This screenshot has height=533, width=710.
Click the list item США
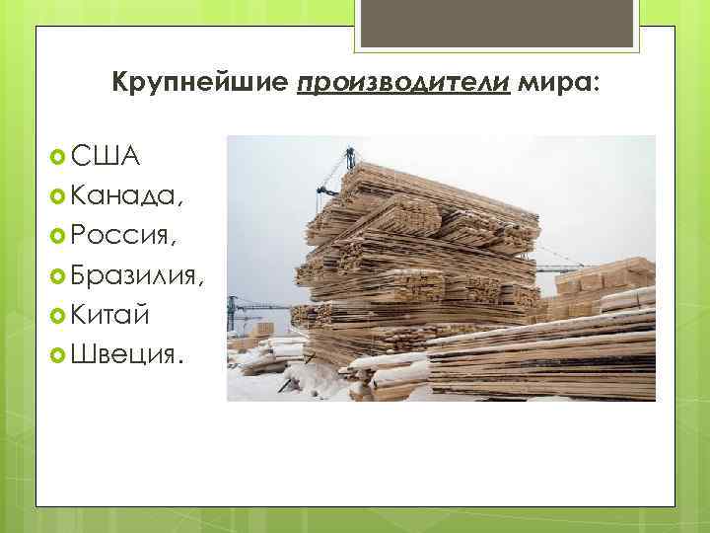105,155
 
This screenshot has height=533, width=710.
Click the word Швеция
125,354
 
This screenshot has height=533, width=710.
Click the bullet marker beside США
57,155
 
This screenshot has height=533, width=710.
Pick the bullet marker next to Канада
57,195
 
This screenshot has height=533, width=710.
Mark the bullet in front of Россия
57,236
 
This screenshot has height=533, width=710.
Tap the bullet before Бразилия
57,275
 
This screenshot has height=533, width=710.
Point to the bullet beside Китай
57,315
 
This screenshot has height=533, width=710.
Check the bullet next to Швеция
57,354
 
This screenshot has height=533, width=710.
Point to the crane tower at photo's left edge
232,314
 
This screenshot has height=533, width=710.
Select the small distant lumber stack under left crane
263,329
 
